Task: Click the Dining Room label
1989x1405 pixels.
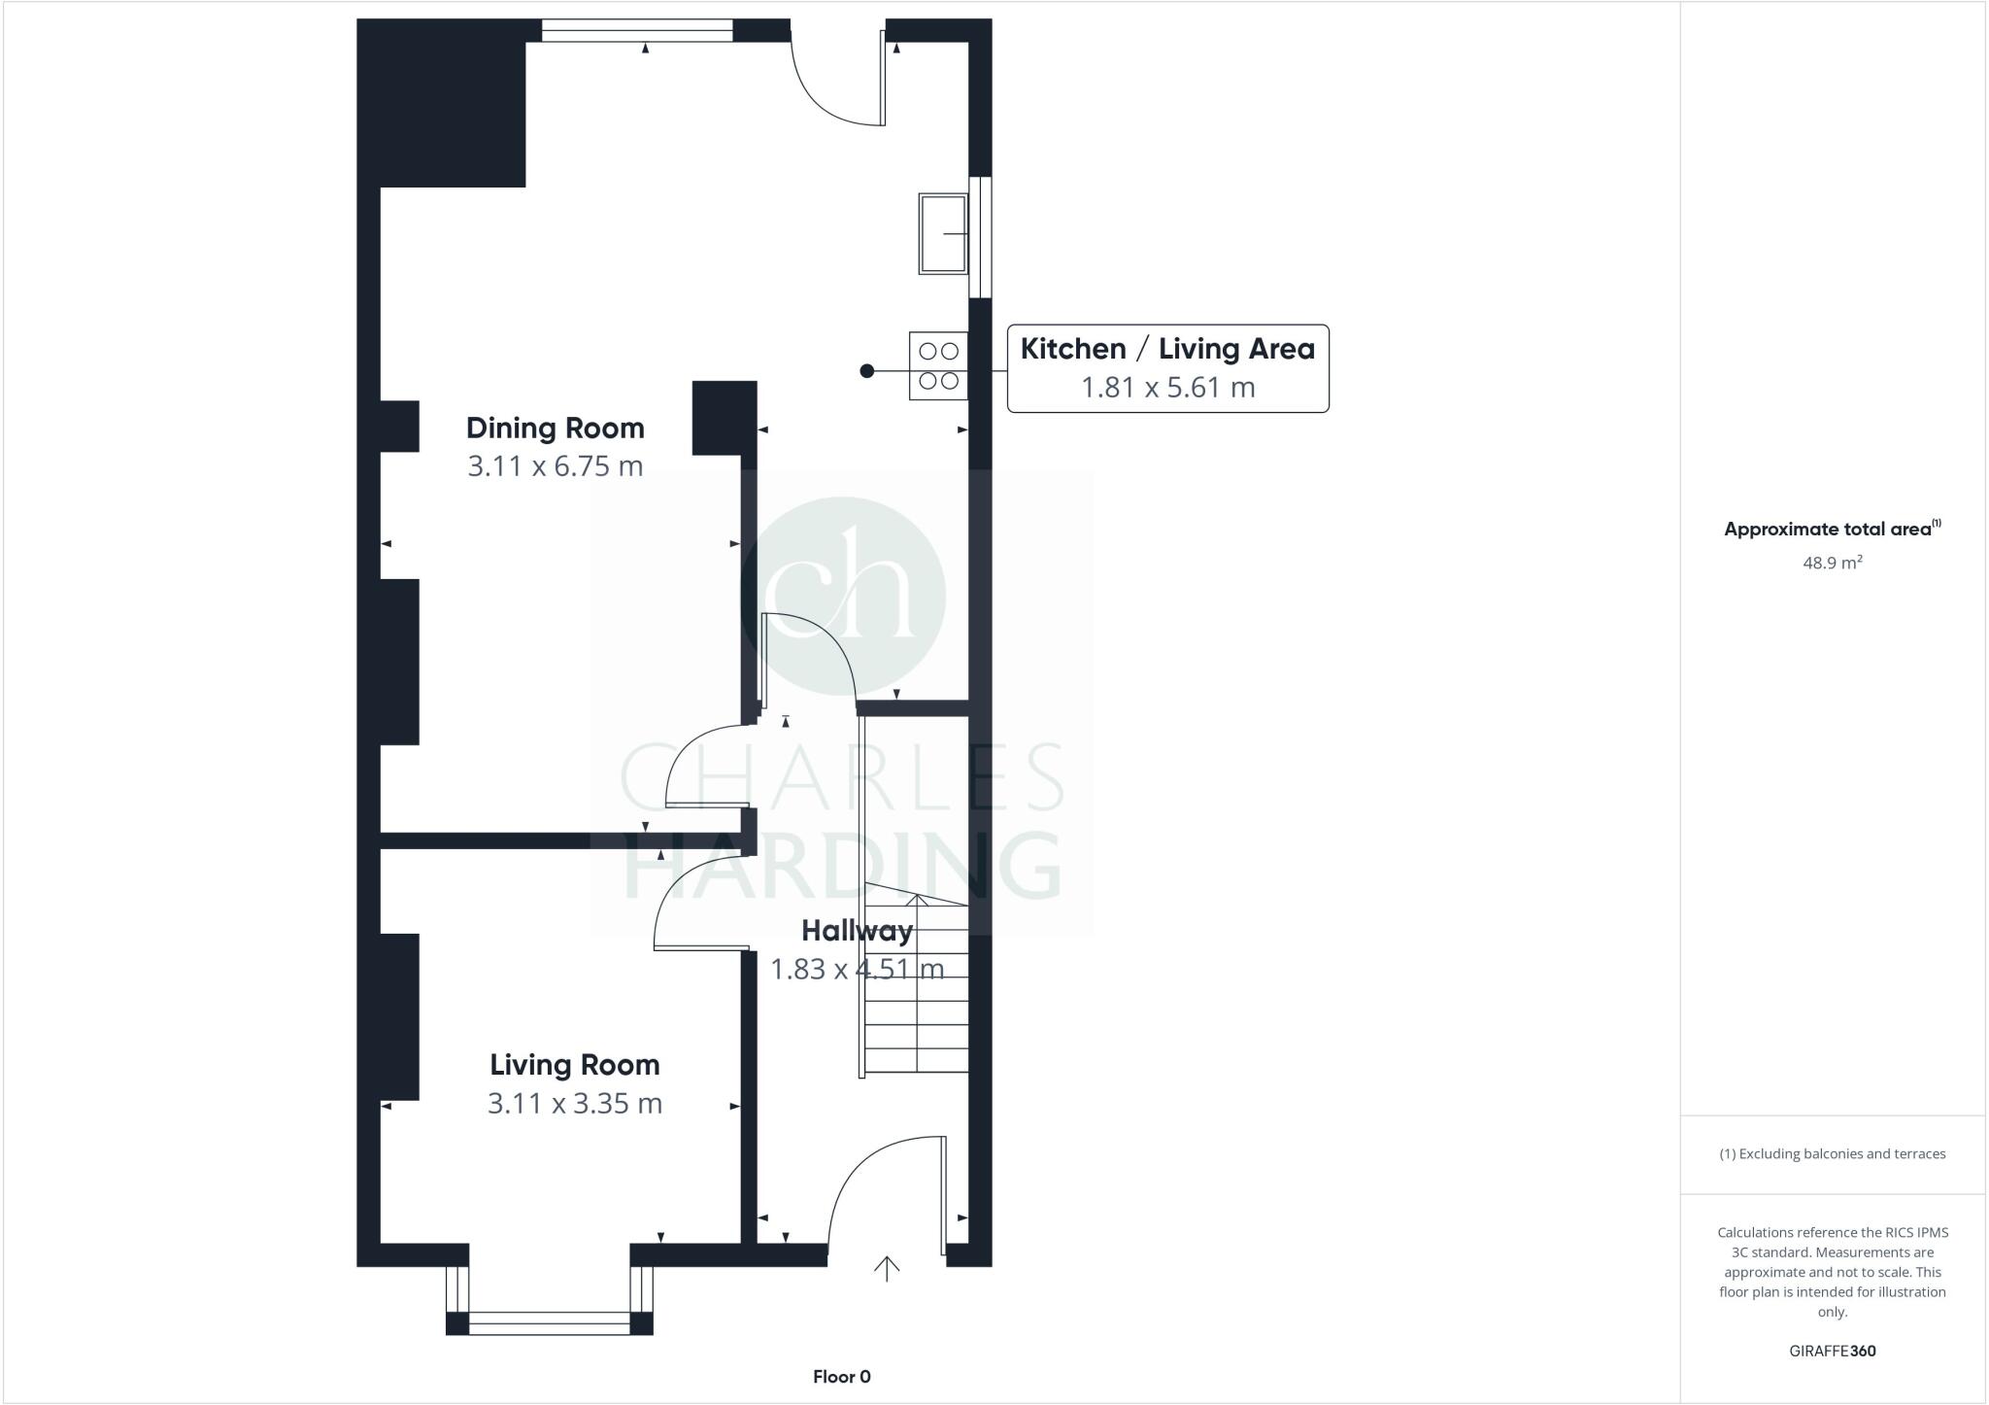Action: click(555, 428)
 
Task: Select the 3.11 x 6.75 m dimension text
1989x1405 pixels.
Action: click(555, 466)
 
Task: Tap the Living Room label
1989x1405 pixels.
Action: click(574, 1065)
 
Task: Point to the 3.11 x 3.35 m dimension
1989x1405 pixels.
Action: click(574, 1104)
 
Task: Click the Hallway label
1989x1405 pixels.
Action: click(857, 931)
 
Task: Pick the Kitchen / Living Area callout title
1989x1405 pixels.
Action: click(1166, 349)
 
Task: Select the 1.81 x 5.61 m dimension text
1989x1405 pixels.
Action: click(1167, 388)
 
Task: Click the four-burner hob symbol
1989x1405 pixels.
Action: click(938, 365)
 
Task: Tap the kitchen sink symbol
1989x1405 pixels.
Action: click(942, 233)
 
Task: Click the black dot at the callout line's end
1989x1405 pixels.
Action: click(866, 371)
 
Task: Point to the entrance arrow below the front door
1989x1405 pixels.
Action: click(886, 1268)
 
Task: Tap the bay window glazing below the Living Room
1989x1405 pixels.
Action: click(549, 1322)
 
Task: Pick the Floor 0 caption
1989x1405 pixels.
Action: click(841, 1377)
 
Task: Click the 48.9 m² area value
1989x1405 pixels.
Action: click(1832, 563)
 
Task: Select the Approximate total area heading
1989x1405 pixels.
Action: click(1831, 530)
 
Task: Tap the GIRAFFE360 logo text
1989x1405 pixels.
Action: click(1832, 1351)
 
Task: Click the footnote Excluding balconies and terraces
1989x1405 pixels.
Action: click(1832, 1154)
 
